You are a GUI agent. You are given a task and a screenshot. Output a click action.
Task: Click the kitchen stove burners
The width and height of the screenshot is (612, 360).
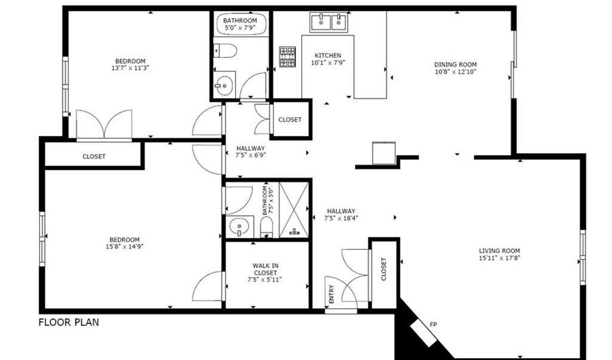pos(287,56)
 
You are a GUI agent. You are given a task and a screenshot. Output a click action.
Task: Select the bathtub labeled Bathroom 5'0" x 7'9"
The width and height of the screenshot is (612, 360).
pos(241,24)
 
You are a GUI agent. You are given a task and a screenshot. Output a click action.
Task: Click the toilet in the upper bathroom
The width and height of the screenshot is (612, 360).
pos(225,51)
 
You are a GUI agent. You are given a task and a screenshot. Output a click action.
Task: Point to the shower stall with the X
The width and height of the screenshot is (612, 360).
pos(294,210)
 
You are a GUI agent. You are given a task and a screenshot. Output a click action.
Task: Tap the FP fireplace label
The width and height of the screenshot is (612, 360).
pos(433,325)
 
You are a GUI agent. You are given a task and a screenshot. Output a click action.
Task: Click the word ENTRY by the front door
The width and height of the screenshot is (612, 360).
pos(331,294)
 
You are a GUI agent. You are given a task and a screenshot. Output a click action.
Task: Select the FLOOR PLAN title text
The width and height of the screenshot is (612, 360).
pos(69,323)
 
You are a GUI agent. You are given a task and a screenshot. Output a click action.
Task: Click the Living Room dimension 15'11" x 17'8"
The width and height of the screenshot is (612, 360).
pos(500,258)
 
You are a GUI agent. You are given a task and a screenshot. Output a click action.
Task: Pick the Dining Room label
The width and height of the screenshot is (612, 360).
pos(456,65)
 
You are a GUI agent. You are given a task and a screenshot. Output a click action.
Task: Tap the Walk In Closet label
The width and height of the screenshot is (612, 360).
pos(265,269)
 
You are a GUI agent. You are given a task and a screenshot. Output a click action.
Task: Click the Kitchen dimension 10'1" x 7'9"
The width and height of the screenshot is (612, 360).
pos(328,63)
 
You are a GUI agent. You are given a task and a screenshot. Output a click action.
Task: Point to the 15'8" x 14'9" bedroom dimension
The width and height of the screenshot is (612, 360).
pos(124,246)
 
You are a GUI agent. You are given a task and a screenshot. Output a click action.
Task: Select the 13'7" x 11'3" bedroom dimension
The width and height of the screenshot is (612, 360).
pos(131,68)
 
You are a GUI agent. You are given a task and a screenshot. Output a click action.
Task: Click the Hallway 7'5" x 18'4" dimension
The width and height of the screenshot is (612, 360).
pos(341,218)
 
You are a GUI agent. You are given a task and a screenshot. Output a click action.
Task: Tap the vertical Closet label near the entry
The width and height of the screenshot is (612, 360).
pos(384,269)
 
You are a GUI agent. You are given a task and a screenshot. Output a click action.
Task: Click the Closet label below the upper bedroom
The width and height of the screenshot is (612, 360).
pos(94,157)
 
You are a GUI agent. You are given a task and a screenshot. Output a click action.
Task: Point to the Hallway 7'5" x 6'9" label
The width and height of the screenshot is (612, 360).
pos(250,152)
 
